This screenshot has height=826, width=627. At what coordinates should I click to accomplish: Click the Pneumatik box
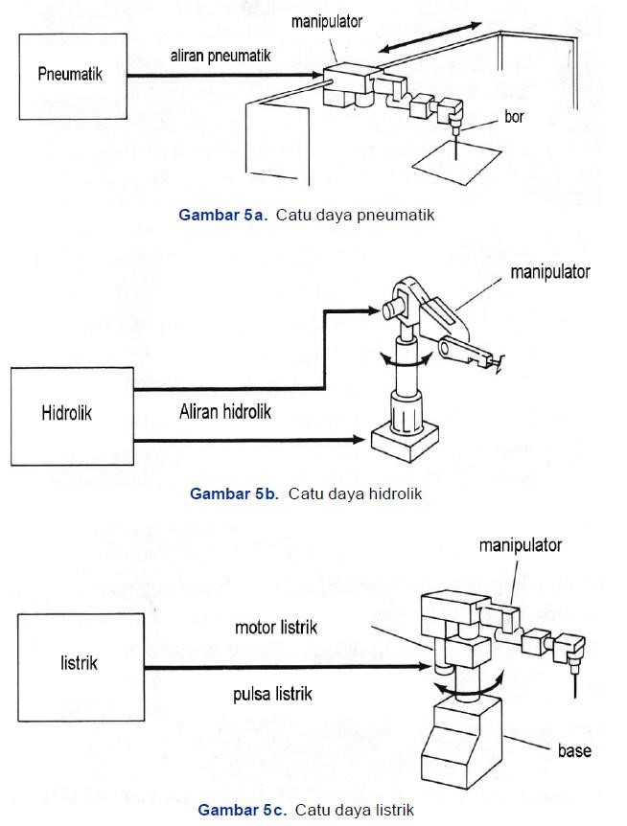(72, 76)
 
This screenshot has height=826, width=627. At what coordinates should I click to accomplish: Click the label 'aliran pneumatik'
(221, 56)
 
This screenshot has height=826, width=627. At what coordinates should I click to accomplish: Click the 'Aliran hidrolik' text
(225, 412)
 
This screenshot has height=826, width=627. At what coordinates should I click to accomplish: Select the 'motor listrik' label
(276, 628)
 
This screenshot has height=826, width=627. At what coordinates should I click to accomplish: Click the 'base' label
(574, 750)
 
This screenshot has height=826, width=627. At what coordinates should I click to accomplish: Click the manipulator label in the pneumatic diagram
(327, 21)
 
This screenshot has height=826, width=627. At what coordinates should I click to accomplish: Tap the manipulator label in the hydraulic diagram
(549, 271)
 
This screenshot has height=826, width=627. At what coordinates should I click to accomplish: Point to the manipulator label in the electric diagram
(520, 544)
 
